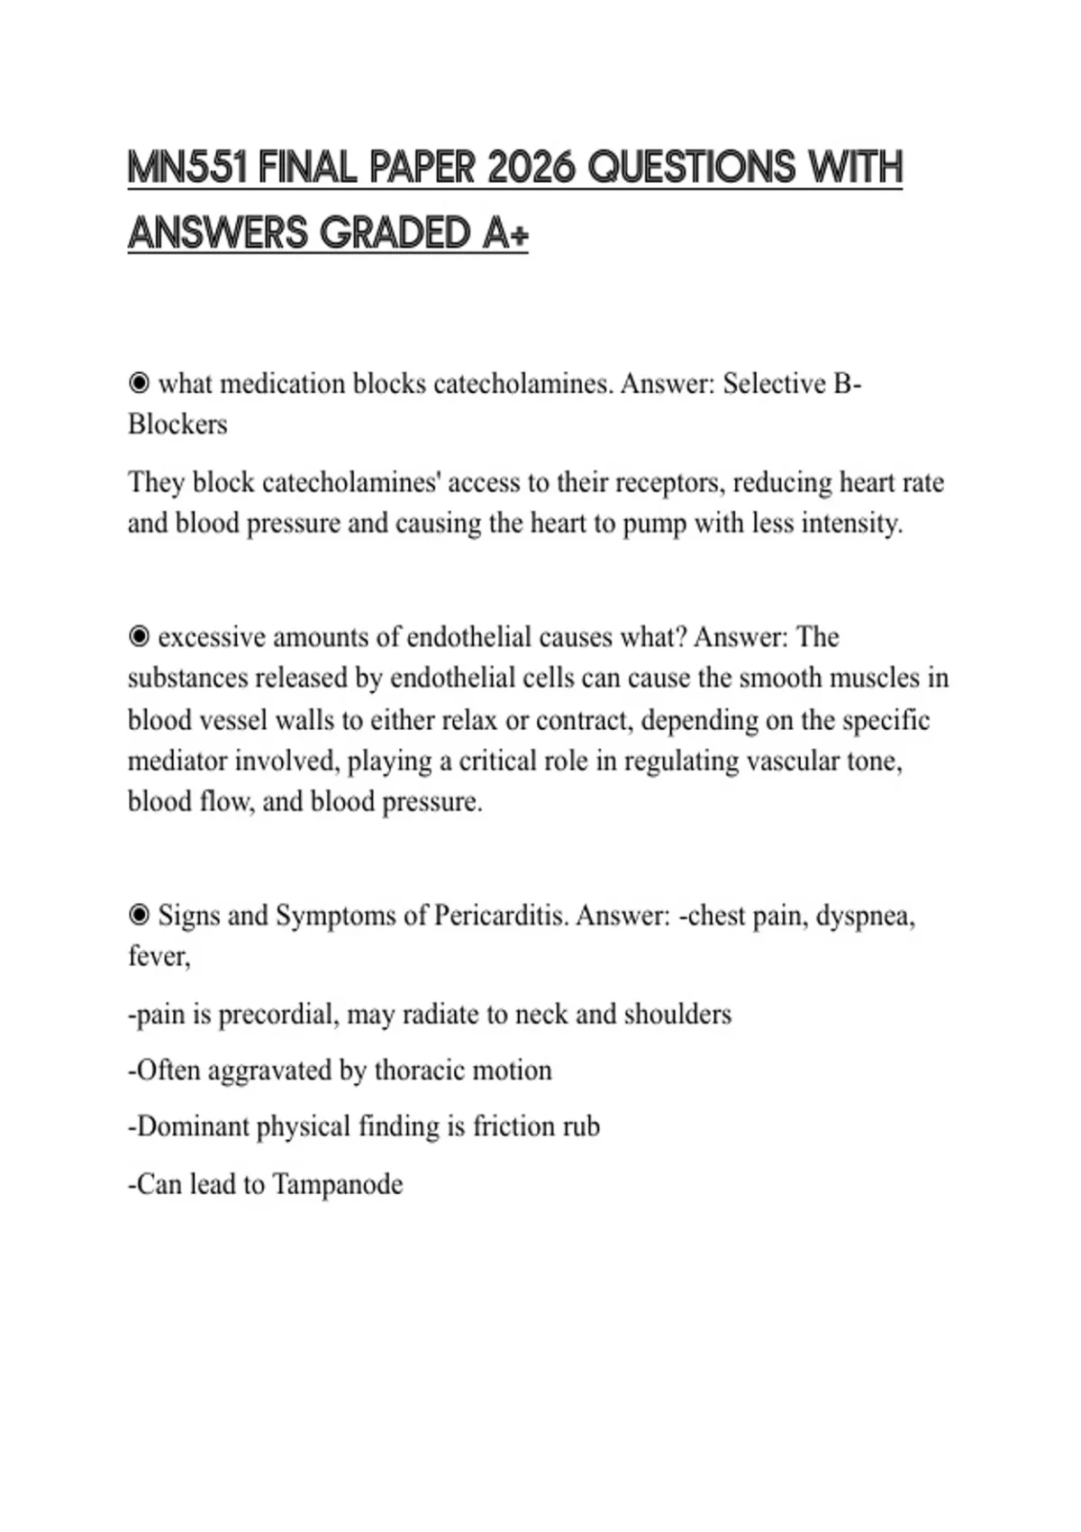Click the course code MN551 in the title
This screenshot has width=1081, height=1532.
pos(187,168)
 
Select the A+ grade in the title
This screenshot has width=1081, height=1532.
pos(505,233)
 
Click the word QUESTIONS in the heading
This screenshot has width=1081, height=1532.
pos(692,168)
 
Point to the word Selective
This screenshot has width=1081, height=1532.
pos(774,384)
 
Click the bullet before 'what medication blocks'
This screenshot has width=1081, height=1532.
pos(139,384)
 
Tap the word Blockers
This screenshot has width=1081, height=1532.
pos(177,424)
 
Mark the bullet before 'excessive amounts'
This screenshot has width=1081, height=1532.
pos(139,637)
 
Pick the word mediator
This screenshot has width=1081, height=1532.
pos(177,761)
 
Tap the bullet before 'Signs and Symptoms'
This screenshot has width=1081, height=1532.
pos(139,916)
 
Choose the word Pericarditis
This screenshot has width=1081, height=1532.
pos(501,916)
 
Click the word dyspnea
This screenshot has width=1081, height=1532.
pos(865,916)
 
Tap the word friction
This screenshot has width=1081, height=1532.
pos(514,1126)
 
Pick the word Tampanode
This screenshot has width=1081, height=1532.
pos(337,1184)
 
